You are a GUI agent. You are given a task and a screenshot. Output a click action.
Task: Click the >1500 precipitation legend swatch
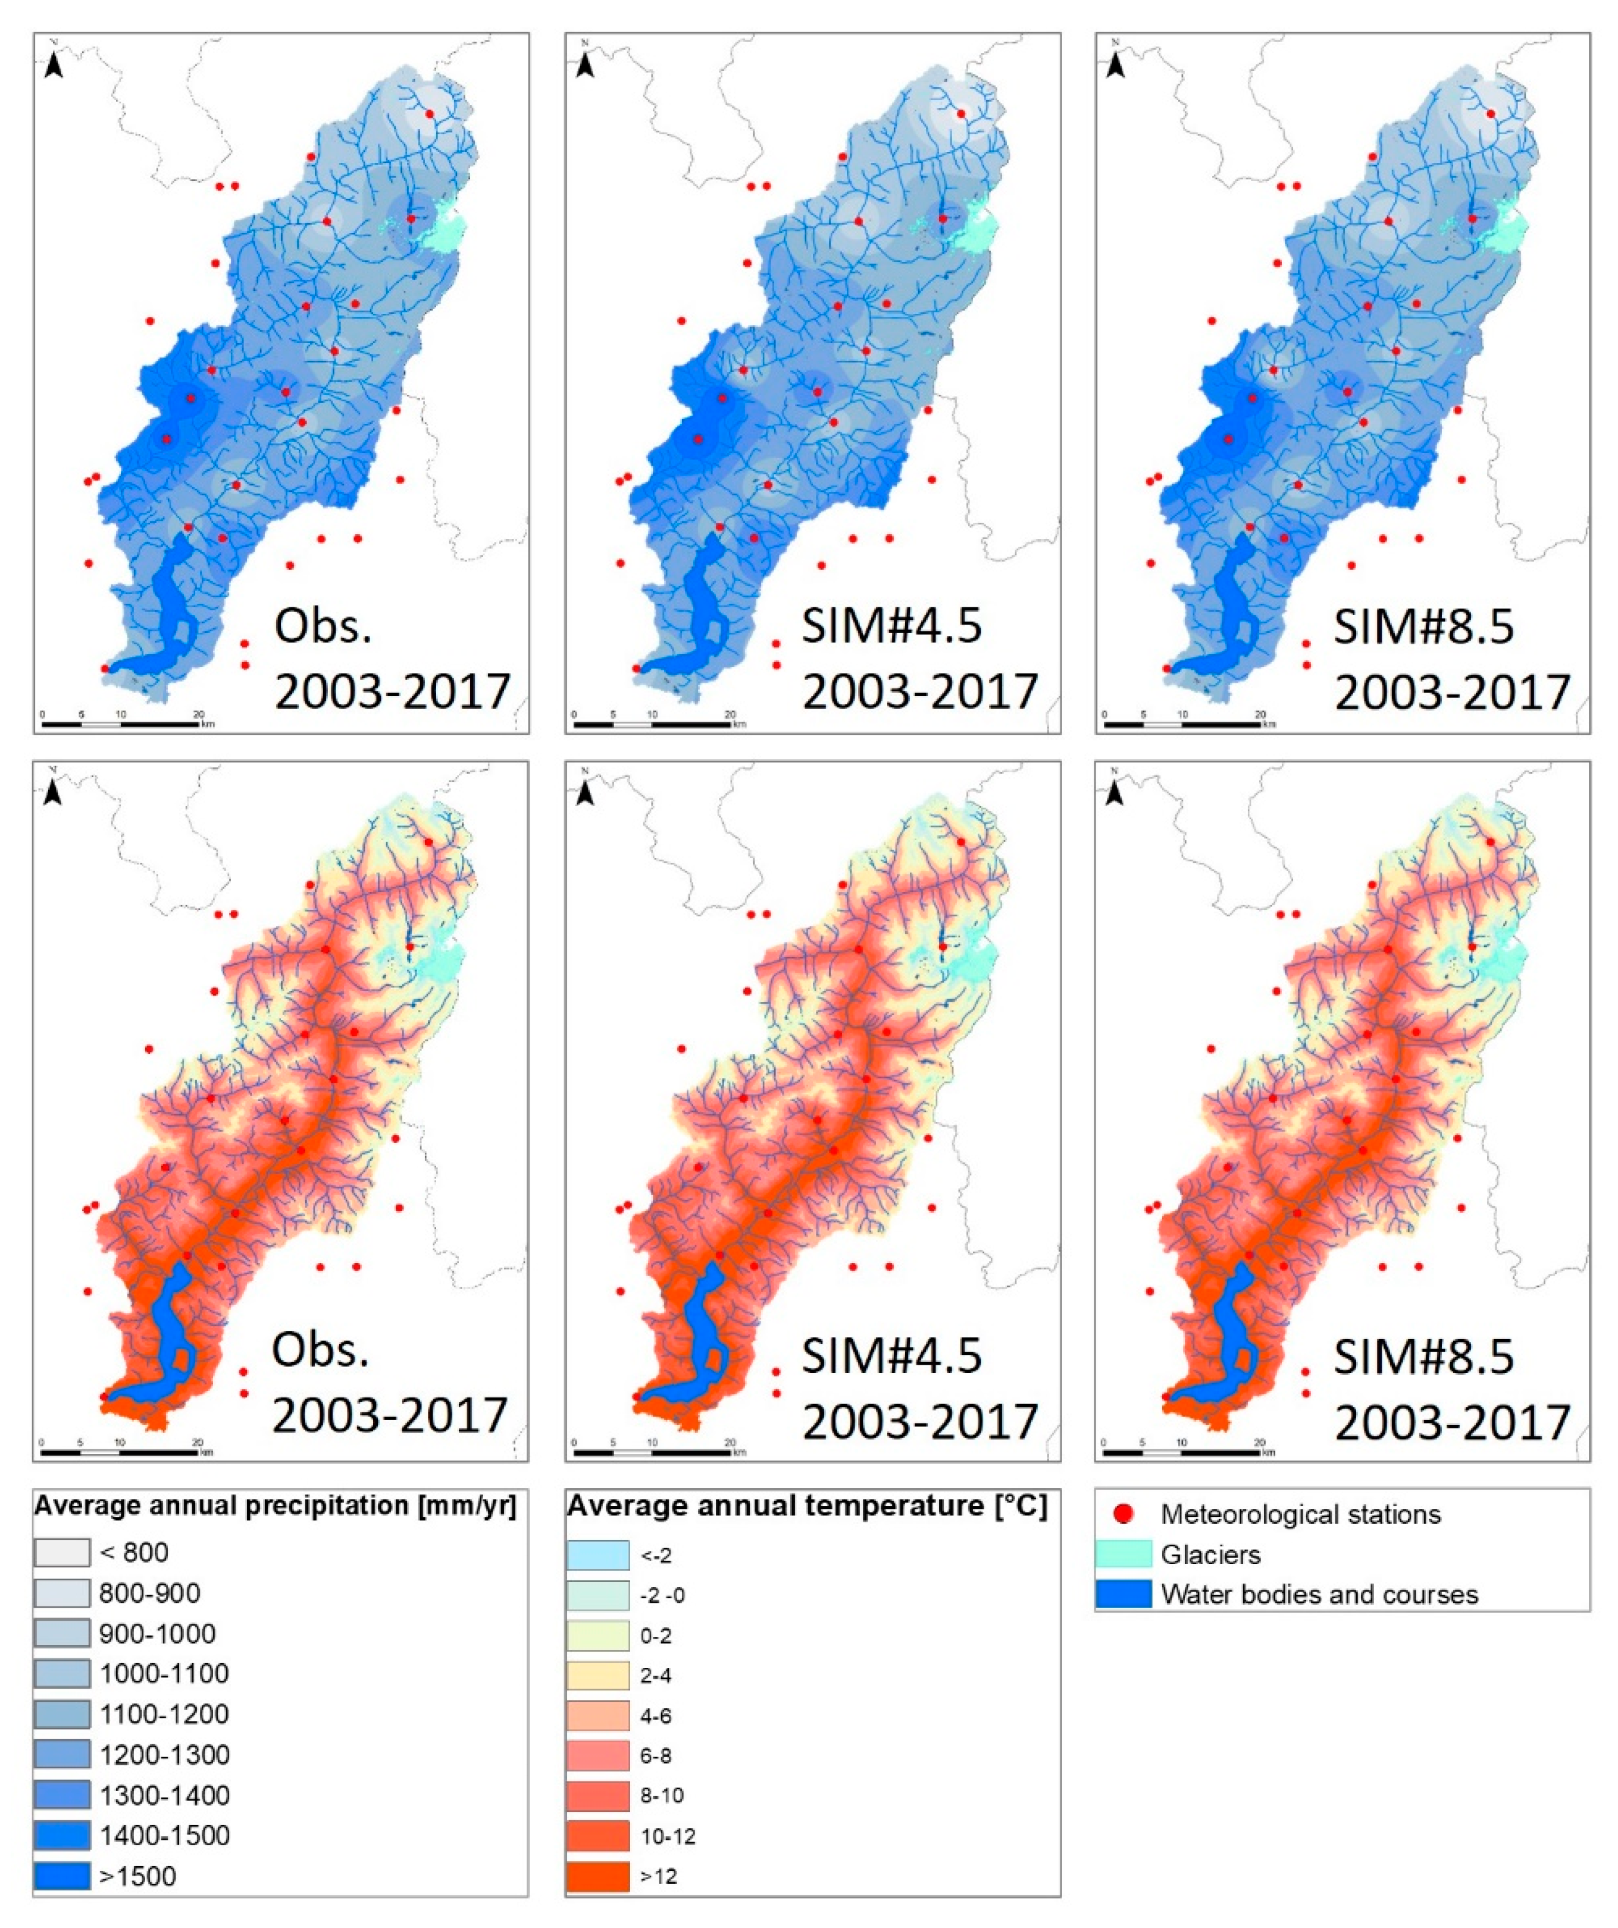coord(62,1875)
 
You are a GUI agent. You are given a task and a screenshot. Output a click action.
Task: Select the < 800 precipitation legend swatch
coord(62,1552)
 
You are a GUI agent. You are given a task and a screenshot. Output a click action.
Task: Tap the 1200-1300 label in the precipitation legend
coord(164,1755)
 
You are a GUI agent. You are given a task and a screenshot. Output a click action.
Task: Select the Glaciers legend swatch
coord(1123,1553)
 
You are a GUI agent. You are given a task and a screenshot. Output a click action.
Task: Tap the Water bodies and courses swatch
coord(1123,1594)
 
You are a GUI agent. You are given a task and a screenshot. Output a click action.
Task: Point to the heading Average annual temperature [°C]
coord(807,1506)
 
